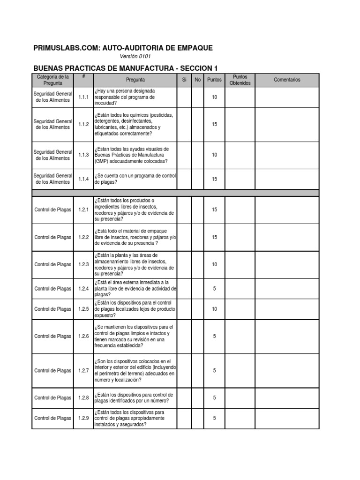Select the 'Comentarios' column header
287,80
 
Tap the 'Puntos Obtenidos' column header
240,80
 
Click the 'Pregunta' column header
135,80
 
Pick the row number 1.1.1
84,97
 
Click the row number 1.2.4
84,289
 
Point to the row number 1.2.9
84,418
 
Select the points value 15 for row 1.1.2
214,124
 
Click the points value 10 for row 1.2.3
214,264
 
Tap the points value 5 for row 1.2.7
214,371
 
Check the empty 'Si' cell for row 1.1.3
184,155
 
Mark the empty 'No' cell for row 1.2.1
197,210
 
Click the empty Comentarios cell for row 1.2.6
287,336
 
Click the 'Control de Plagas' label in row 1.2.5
53,309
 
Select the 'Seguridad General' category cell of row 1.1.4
53,179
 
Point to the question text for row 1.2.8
134,398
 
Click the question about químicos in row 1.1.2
134,124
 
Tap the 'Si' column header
184,80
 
